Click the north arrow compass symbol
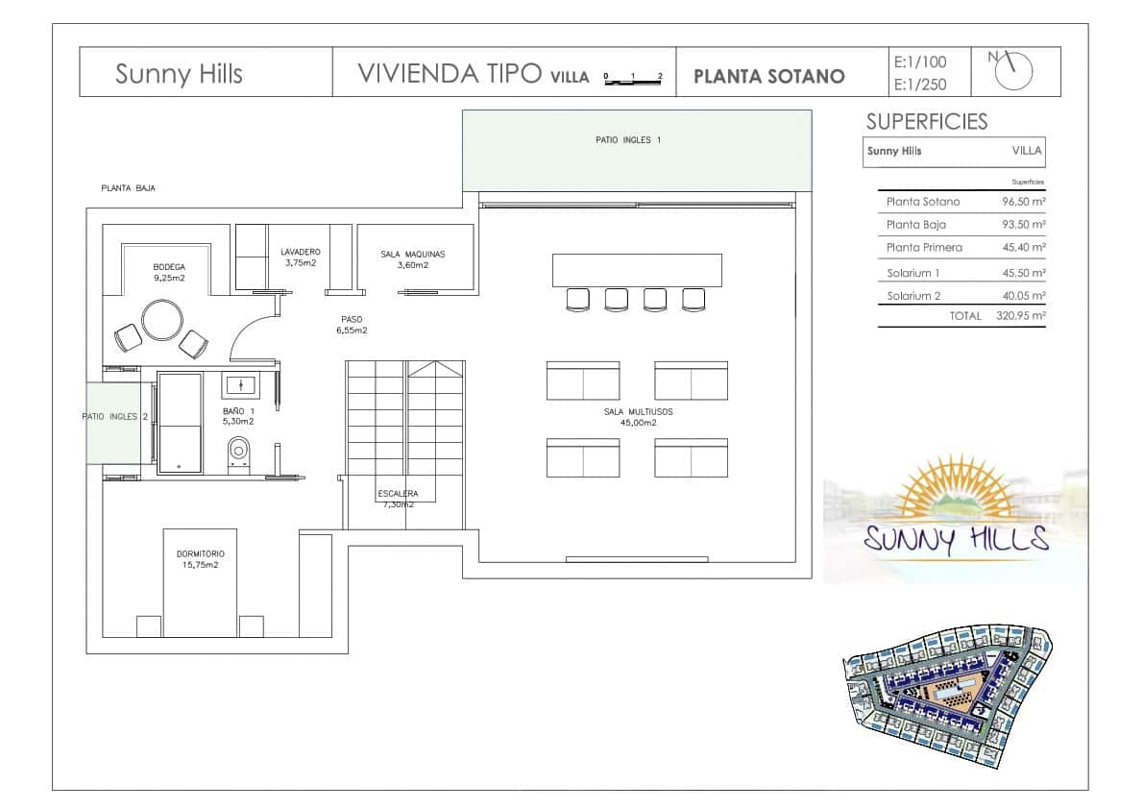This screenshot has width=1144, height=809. [1013, 71]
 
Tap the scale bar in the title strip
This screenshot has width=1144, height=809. [633, 80]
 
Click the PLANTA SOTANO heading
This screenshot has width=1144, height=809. [769, 77]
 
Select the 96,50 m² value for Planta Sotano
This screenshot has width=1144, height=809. [1024, 202]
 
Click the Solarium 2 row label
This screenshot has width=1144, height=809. [913, 295]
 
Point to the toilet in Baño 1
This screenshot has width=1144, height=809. [238, 454]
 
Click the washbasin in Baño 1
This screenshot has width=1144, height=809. [240, 385]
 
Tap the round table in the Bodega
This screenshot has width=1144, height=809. [162, 320]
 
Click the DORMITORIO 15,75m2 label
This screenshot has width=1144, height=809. [201, 559]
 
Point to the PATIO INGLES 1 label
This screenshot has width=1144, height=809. [628, 140]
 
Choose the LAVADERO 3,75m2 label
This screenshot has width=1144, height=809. [301, 257]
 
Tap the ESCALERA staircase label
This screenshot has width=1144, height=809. [398, 494]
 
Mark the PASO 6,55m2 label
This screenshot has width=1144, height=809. [352, 325]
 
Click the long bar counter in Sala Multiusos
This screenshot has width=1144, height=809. [637, 270]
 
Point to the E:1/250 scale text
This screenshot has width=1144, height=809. [920, 85]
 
